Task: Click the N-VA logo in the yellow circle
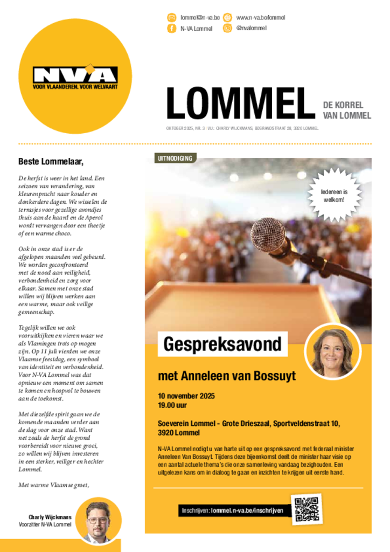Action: click(x=75, y=76)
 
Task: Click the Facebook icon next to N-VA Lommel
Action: click(x=171, y=29)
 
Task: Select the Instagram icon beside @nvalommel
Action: click(x=227, y=28)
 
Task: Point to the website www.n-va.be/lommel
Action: click(x=261, y=17)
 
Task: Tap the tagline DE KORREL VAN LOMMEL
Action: click(x=346, y=110)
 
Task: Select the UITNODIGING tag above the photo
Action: click(x=176, y=158)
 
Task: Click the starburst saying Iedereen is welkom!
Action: click(x=334, y=195)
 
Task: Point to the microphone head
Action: click(x=268, y=233)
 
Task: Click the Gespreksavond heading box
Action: click(x=222, y=344)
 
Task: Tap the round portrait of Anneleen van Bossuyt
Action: click(x=332, y=351)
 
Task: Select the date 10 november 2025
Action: click(x=186, y=396)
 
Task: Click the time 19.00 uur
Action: click(x=172, y=405)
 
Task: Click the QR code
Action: click(x=307, y=509)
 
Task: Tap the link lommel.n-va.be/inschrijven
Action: click(x=247, y=510)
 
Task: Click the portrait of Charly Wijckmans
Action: click(x=99, y=521)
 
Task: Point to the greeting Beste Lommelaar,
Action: click(x=51, y=161)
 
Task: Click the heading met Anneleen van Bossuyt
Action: click(x=226, y=376)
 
